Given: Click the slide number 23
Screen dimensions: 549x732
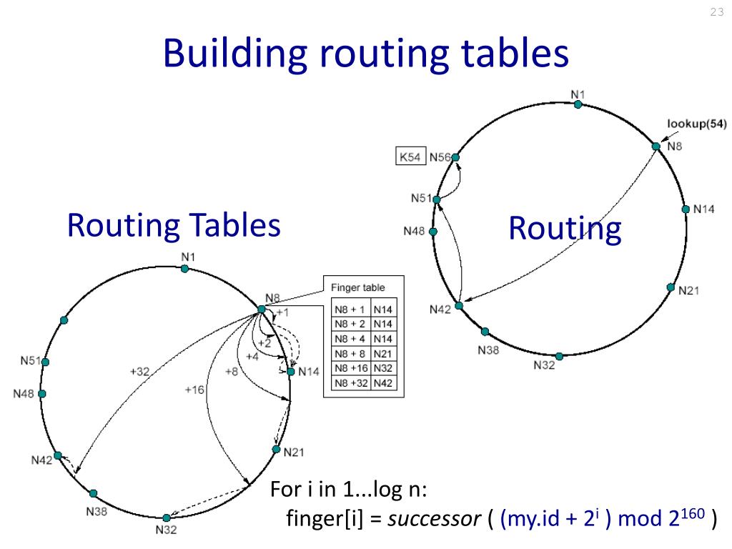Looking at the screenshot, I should pyautogui.click(x=716, y=12).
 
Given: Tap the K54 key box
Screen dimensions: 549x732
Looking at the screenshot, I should pyautogui.click(x=410, y=157).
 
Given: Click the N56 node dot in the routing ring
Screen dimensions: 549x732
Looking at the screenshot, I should pyautogui.click(x=455, y=157).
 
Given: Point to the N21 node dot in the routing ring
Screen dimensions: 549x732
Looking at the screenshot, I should pyautogui.click(x=671, y=287).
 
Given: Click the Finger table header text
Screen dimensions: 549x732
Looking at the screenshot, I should pyautogui.click(x=357, y=287).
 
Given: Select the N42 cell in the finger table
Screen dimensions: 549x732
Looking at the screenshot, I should pyautogui.click(x=382, y=382).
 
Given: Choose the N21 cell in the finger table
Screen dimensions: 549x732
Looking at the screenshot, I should pyautogui.click(x=382, y=353).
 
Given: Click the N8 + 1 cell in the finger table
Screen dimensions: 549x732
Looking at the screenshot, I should pyautogui.click(x=350, y=310).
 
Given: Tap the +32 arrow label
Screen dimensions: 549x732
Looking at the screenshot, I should pyautogui.click(x=139, y=371).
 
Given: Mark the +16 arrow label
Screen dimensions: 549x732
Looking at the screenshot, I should pyautogui.click(x=194, y=390).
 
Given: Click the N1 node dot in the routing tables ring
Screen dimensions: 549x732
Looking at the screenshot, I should pyautogui.click(x=184, y=269).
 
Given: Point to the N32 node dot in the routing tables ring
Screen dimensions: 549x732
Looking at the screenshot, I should pyautogui.click(x=166, y=518).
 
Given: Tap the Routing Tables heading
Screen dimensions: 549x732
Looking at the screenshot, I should pyautogui.click(x=173, y=225).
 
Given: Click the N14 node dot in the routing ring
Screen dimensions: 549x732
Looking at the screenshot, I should pyautogui.click(x=686, y=209).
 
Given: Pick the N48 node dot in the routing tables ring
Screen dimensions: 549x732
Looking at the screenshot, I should pyautogui.click(x=42, y=394).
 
